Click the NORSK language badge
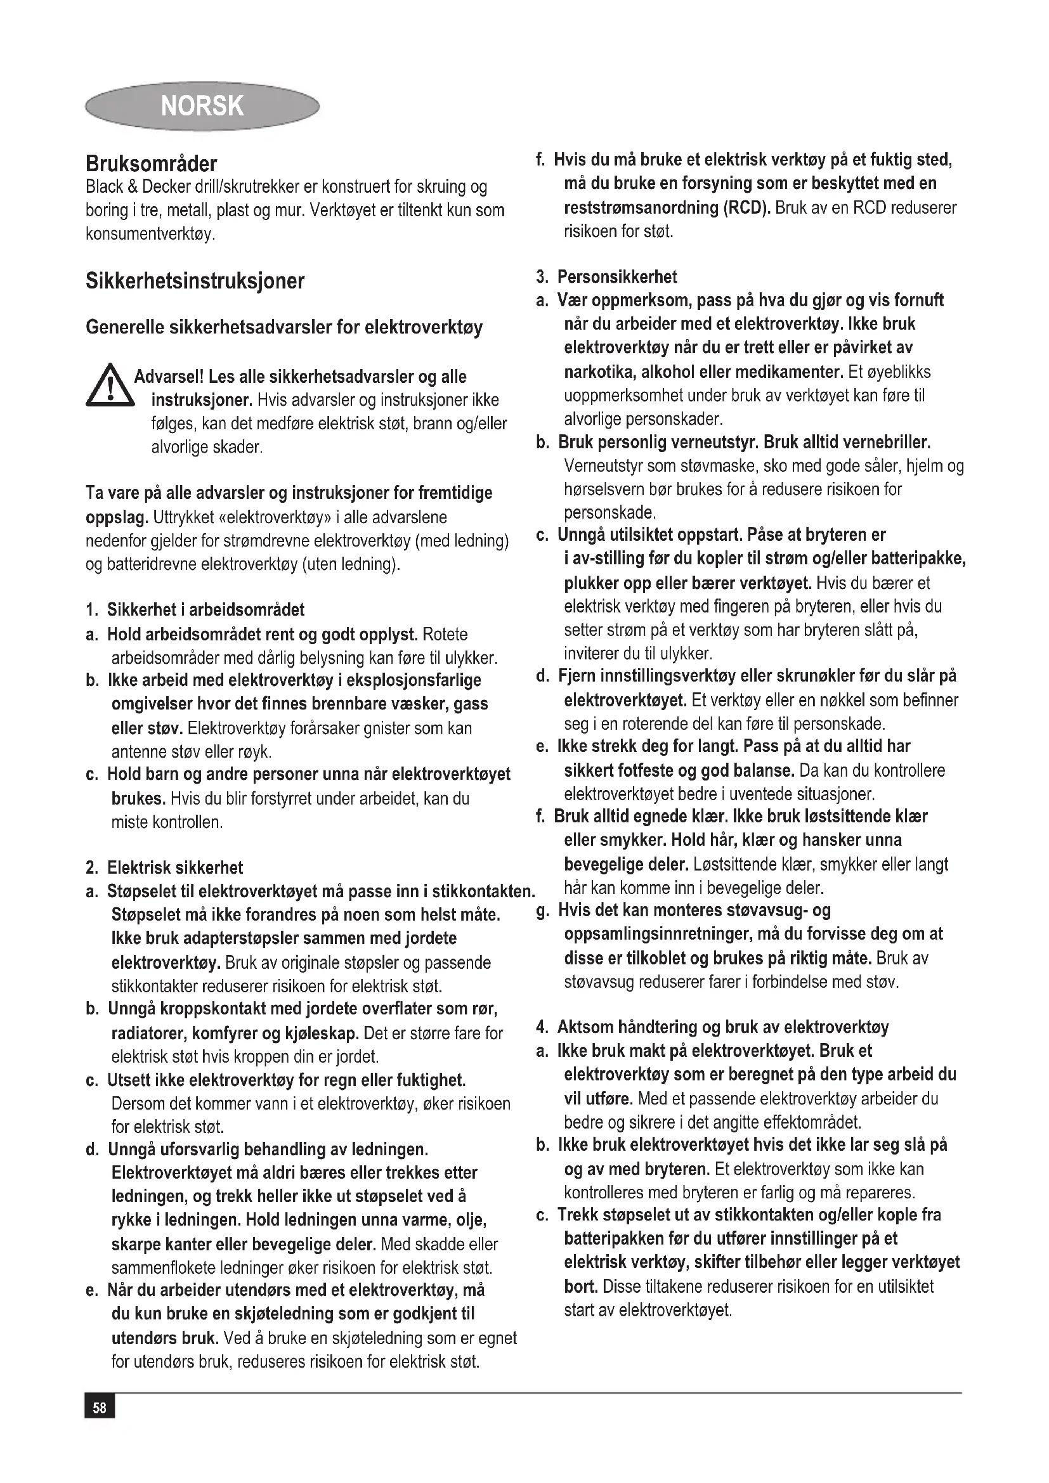coord(202,105)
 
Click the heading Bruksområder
coord(151,164)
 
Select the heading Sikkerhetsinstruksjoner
coord(195,281)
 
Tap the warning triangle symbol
coord(109,387)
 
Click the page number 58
coord(100,1408)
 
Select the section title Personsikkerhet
coord(617,277)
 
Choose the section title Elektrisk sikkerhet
coord(175,868)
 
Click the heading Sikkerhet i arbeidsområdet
coord(205,610)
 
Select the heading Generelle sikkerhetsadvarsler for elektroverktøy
coord(284,327)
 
